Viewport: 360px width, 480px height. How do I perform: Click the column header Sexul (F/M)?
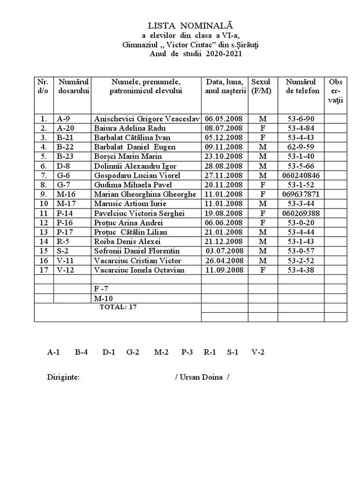(261, 86)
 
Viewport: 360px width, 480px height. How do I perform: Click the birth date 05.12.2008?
(224, 138)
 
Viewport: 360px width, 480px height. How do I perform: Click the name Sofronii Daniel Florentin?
(137, 251)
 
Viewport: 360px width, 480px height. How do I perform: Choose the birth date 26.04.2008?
(224, 260)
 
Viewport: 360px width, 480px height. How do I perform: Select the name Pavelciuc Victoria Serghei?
(139, 213)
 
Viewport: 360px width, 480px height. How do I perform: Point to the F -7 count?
(101, 289)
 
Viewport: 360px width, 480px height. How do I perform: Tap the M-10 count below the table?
(104, 298)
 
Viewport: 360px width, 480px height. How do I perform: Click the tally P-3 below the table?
(187, 352)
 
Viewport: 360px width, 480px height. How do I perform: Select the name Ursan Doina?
(202, 377)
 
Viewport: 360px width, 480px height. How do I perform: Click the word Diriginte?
(63, 377)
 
